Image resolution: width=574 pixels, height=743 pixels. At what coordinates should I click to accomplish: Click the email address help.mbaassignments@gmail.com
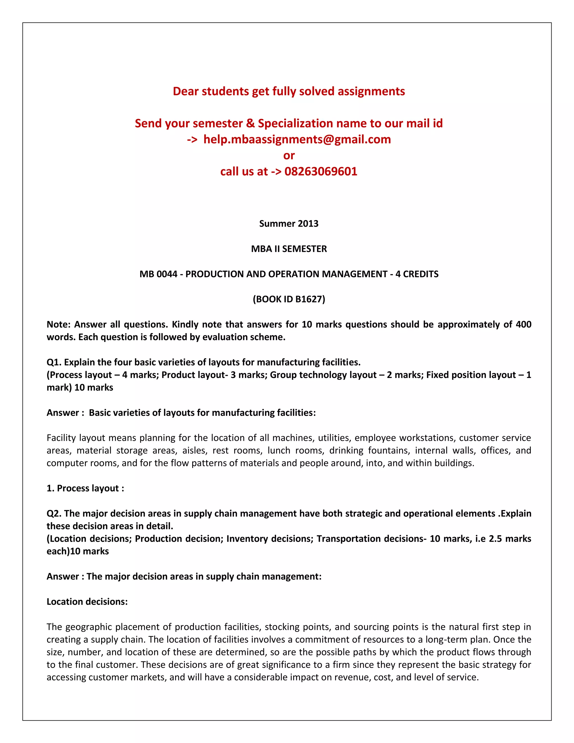(x=297, y=139)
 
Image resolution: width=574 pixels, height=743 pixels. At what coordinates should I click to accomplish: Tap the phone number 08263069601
(x=321, y=172)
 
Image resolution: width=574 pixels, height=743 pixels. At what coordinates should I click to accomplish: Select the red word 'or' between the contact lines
(x=289, y=156)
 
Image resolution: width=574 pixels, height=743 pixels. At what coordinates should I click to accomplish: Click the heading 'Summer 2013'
(x=289, y=223)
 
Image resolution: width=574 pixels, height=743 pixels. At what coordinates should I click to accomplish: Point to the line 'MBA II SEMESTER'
(x=289, y=249)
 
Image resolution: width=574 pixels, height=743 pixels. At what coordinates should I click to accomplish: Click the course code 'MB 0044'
(x=158, y=274)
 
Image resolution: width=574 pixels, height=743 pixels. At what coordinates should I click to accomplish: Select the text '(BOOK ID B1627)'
(x=289, y=299)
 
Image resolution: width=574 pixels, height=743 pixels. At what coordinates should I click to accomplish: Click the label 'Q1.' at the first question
(x=54, y=362)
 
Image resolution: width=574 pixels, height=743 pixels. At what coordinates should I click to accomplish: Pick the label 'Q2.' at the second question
(x=54, y=513)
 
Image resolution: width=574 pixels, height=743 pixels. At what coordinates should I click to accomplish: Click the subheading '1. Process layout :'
(x=85, y=488)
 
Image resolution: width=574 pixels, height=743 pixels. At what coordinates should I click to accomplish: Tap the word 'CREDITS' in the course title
(x=421, y=274)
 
